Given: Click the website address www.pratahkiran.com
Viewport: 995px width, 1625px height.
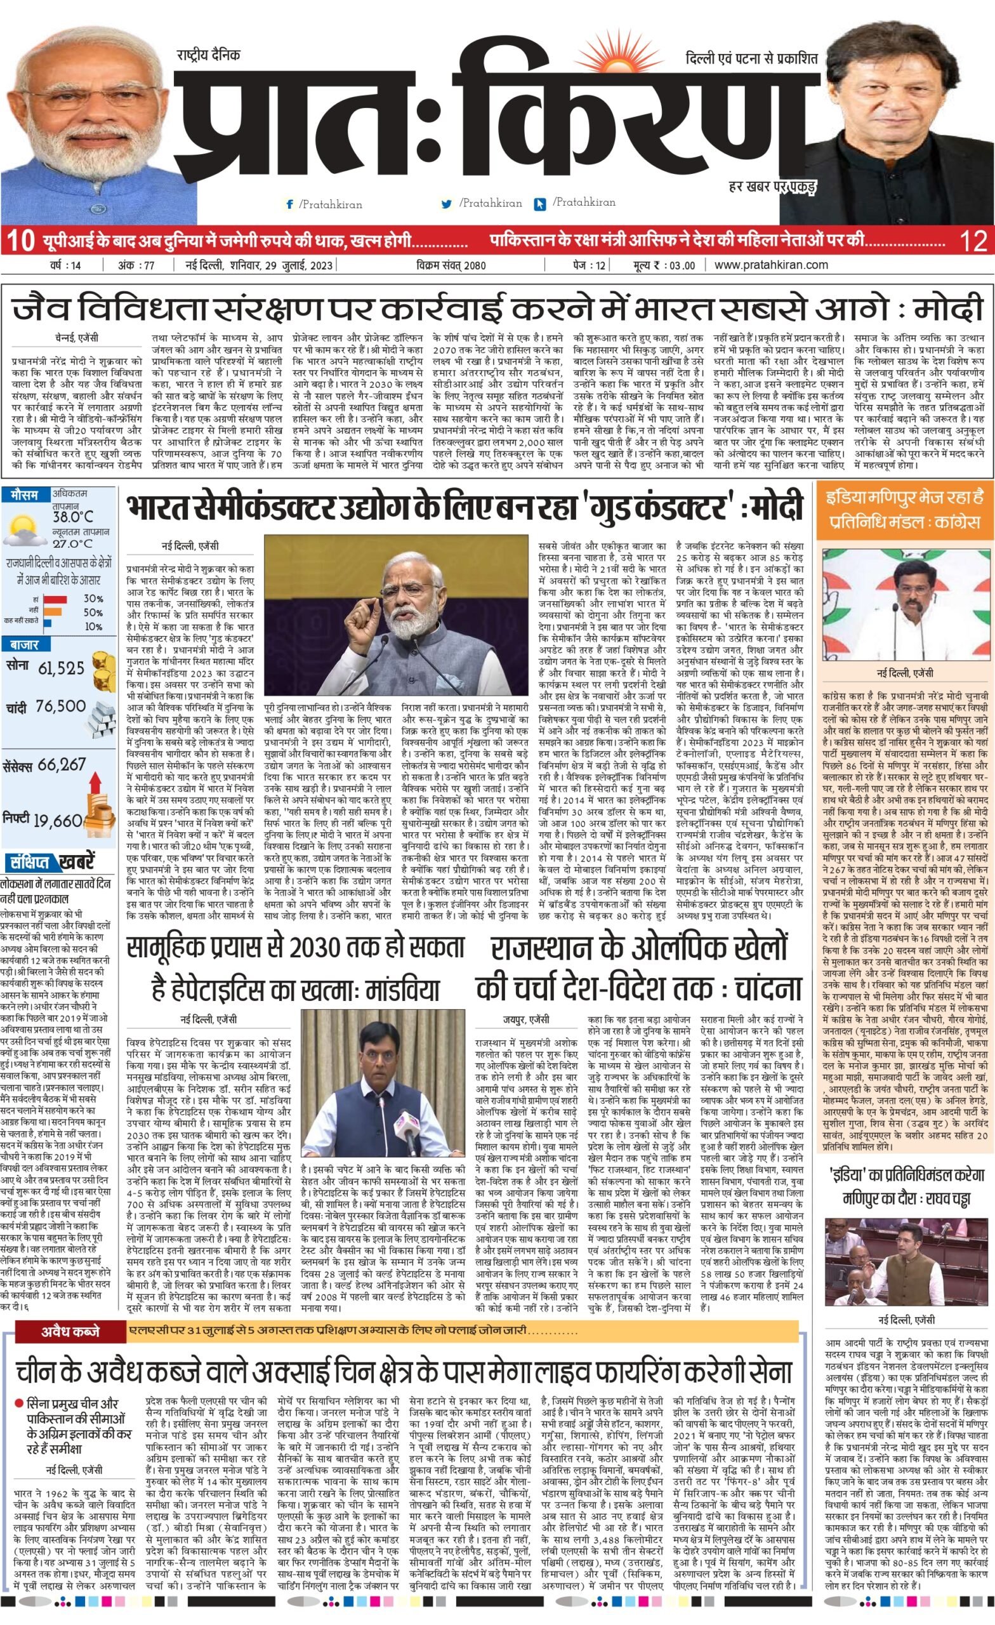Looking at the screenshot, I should point(771,265).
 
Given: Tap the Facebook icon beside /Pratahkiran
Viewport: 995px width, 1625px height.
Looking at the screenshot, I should point(289,204).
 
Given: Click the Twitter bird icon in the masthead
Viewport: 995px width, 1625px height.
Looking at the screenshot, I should point(446,204).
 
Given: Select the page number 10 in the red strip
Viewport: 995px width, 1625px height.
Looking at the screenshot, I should point(20,241).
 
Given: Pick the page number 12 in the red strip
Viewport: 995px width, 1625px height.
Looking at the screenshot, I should point(973,241).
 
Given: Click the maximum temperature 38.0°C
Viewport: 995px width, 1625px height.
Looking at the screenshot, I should point(72,517).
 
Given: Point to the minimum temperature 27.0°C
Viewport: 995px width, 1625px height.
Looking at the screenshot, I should point(72,544).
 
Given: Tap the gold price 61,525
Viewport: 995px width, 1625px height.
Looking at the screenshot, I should point(62,669).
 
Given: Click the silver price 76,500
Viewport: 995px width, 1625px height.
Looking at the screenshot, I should point(61,706).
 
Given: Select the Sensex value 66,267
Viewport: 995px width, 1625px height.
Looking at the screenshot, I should point(62,765).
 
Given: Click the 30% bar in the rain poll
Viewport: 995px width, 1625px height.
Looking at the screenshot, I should point(55,599).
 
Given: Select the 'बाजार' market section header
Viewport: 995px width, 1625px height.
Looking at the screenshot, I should point(24,645).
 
